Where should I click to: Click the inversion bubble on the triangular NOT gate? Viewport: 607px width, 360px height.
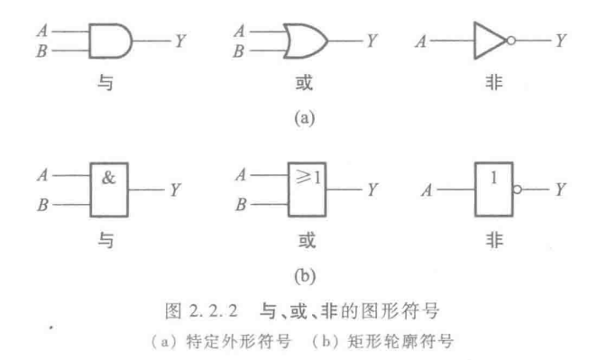pyautogui.click(x=511, y=42)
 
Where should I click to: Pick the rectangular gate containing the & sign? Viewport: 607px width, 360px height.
pyautogui.click(x=110, y=189)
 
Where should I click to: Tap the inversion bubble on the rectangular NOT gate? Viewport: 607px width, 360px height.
pyautogui.click(x=517, y=189)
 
